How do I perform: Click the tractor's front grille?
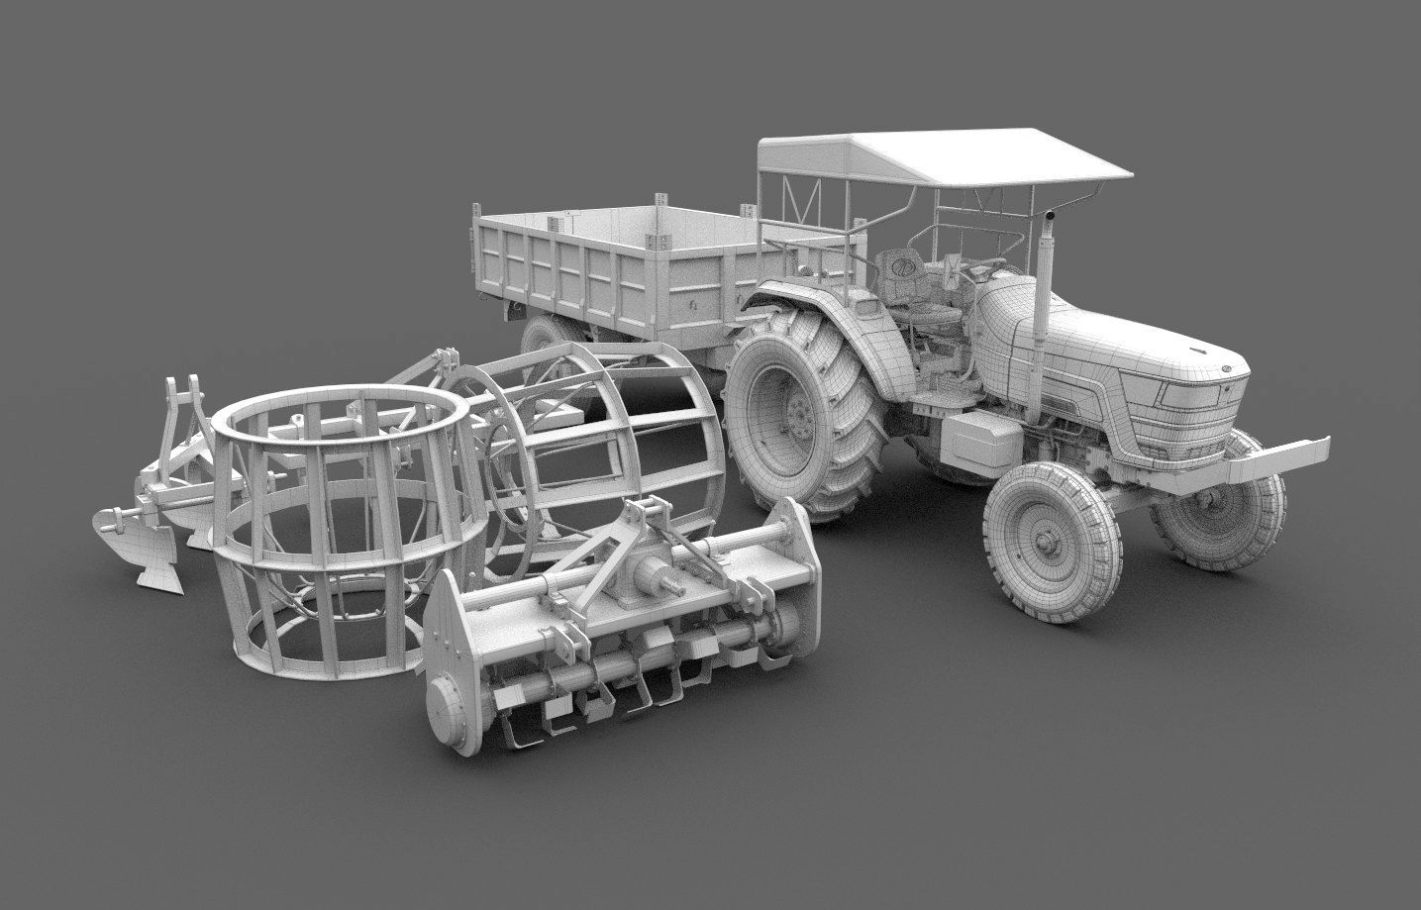point(1198,416)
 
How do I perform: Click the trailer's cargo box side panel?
point(555,262)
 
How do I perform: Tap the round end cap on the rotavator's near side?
point(452,697)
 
